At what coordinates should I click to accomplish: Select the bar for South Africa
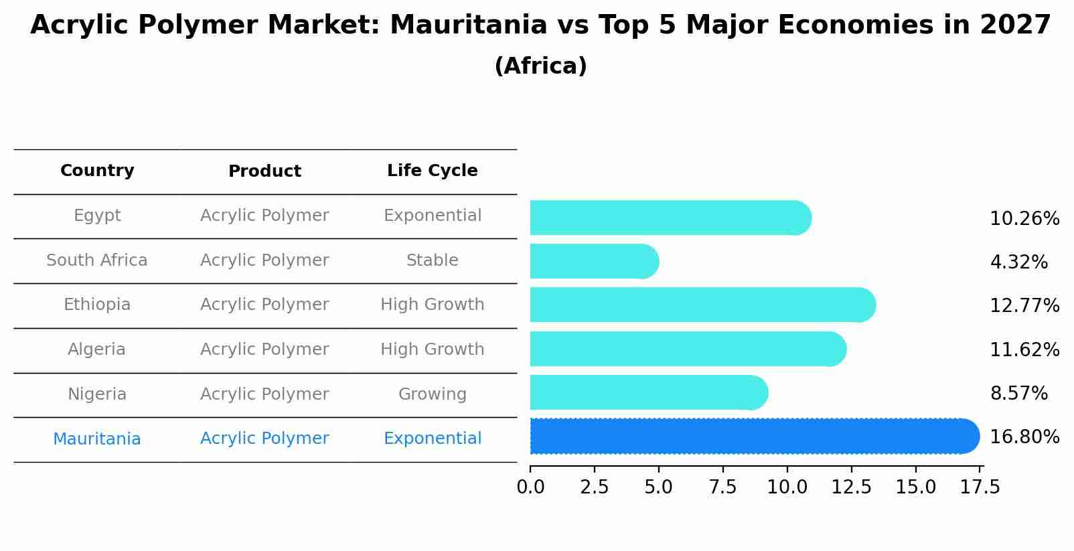point(593,261)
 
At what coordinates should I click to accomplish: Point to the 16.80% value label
point(1024,437)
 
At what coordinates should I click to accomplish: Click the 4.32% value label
point(1018,262)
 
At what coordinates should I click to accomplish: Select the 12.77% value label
point(1024,306)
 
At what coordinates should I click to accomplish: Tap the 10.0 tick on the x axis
point(787,487)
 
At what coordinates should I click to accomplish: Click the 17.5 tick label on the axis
point(980,487)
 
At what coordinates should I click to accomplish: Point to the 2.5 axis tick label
point(595,487)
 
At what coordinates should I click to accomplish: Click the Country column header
point(97,171)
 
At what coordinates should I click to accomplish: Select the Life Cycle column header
point(432,171)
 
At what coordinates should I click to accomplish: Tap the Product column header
point(264,171)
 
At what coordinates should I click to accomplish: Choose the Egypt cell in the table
point(97,216)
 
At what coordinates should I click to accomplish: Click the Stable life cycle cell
point(432,260)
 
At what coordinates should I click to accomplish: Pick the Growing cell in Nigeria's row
point(432,394)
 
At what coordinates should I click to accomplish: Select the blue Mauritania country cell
point(97,439)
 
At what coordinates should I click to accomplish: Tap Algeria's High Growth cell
point(432,349)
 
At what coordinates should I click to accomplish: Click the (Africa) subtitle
point(540,66)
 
